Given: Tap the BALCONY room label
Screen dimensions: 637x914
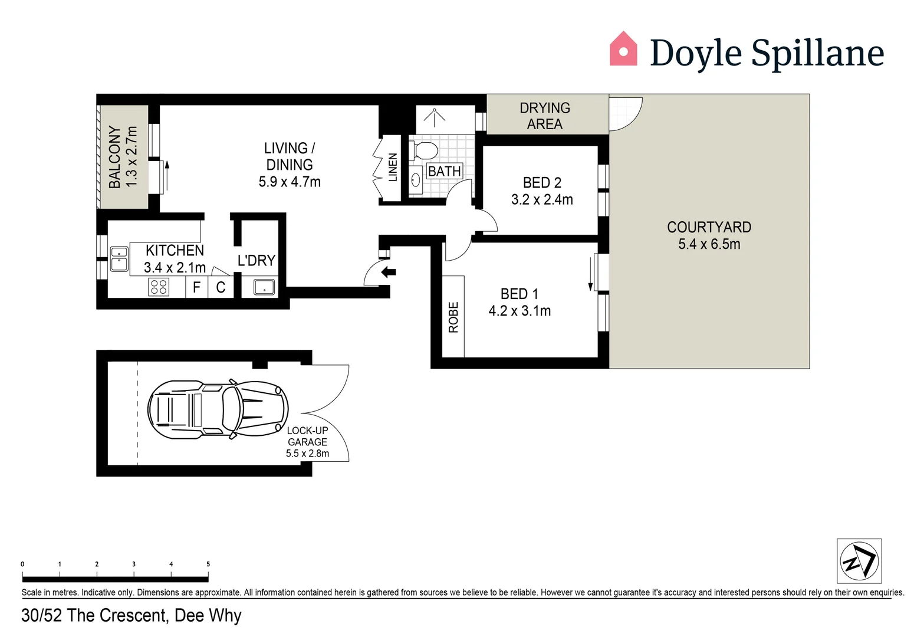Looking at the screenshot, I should pos(114,157).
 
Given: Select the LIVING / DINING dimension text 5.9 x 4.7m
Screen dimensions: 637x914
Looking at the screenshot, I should pos(290,182).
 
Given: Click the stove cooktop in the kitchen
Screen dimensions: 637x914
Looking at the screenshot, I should pos(159,287).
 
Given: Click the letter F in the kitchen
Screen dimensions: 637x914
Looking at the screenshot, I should pos(197,288).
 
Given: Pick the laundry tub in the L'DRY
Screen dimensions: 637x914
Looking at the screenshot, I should pos(264,287).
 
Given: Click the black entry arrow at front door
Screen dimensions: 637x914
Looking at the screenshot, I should pos(389,272).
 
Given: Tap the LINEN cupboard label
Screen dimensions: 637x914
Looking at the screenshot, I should pos(393,167).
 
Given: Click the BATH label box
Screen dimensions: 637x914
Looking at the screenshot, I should pos(444,172).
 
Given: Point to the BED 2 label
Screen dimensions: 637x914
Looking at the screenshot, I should pos(542,183).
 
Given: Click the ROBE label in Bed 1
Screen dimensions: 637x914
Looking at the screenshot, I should pos(453,317).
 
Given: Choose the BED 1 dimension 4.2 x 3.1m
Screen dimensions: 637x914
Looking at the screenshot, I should pos(520,311).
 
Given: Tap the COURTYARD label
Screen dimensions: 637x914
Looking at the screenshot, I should pos(709,227).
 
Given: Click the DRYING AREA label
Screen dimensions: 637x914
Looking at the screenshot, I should pos(544,116).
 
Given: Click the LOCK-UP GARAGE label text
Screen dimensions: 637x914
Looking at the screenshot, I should pos(307,436).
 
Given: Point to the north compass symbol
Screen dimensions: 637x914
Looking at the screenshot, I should pos(859,561).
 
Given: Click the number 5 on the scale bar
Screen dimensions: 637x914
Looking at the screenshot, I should pos(208,564).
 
